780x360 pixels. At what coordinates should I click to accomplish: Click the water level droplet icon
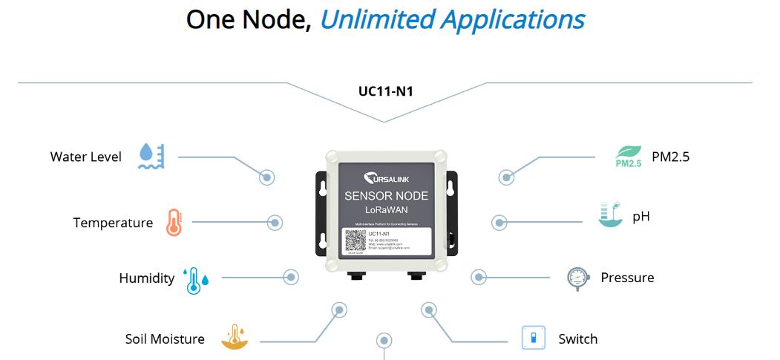[151, 157]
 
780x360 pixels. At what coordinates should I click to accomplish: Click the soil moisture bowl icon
[235, 338]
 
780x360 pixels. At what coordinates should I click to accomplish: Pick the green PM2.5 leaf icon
[628, 157]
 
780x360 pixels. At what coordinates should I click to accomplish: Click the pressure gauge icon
[577, 278]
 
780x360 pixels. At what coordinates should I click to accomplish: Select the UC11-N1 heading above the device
[385, 93]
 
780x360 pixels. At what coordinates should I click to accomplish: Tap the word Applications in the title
[512, 20]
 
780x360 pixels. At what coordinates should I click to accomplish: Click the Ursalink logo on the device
[386, 179]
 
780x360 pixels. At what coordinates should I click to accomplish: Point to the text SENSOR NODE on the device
[386, 197]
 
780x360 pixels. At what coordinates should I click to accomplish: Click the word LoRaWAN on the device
[386, 210]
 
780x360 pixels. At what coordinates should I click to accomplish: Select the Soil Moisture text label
[165, 339]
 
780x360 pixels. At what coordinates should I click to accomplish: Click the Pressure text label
[627, 278]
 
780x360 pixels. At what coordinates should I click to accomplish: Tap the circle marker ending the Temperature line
[275, 222]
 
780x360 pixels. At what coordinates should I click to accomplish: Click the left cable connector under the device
[358, 276]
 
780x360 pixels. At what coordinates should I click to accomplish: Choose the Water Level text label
[85, 157]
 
